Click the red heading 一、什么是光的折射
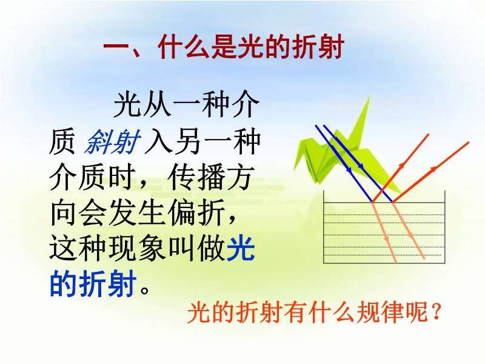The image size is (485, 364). coord(223,47)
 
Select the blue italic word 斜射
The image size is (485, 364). coord(112,143)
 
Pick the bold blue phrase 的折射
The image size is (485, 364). coord(93,283)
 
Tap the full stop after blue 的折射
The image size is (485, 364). coord(145,290)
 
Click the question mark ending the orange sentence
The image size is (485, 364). coord(436,312)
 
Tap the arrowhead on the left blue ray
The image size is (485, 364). coord(350,170)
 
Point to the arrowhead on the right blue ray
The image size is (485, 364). coord(361,166)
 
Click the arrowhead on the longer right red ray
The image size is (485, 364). coord(434,169)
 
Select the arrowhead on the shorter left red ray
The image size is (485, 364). coord(401,166)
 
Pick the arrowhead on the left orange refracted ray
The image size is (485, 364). coord(387,239)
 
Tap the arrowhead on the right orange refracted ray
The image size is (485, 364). coord(411,235)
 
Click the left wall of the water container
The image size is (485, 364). coord(324,227)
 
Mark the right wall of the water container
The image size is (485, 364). coord(445,227)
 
